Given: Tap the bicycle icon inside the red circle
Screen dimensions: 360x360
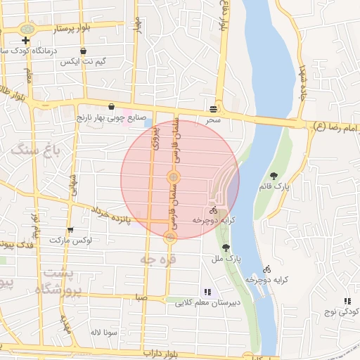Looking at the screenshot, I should coord(213,210).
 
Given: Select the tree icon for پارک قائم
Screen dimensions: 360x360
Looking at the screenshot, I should coord(274,176).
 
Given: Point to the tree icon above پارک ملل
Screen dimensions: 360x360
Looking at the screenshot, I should coord(226,247).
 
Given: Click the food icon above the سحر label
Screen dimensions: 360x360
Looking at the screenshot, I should coord(213,108).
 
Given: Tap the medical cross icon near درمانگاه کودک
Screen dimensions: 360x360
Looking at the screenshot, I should coord(26,41).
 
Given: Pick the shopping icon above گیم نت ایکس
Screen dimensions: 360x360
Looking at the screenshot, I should coord(84,51).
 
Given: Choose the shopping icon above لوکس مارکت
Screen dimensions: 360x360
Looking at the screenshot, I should coord(70,229).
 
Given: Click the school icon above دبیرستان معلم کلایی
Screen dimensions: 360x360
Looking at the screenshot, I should coord(207,291).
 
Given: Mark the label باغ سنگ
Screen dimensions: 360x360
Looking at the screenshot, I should coord(36,149).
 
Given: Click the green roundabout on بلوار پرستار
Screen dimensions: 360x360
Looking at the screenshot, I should coord(27,30).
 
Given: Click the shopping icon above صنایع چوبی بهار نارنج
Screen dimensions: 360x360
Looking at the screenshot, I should coord(111,106).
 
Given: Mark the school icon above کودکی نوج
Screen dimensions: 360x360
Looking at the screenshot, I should coord(347,301).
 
